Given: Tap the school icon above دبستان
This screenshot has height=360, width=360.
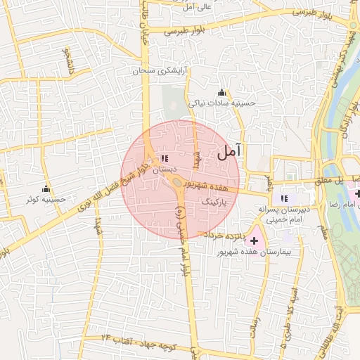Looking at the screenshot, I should [x=165, y=159].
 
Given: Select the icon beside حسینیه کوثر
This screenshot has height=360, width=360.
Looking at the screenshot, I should [x=46, y=188].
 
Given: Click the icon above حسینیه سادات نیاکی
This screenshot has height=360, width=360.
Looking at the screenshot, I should [x=222, y=92].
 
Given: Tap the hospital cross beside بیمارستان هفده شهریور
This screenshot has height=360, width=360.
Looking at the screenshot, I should [x=254, y=241].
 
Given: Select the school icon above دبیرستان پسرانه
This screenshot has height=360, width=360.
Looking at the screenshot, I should [x=284, y=198].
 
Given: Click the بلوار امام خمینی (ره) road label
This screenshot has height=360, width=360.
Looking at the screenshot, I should [x=181, y=239].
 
